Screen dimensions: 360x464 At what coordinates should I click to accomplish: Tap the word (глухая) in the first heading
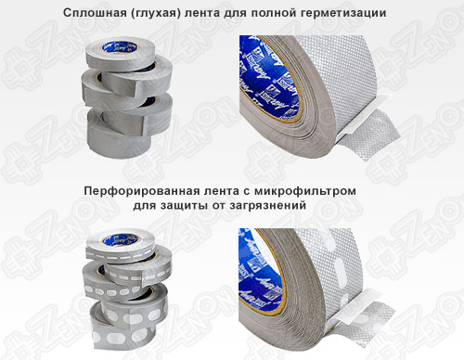point(160,13)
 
